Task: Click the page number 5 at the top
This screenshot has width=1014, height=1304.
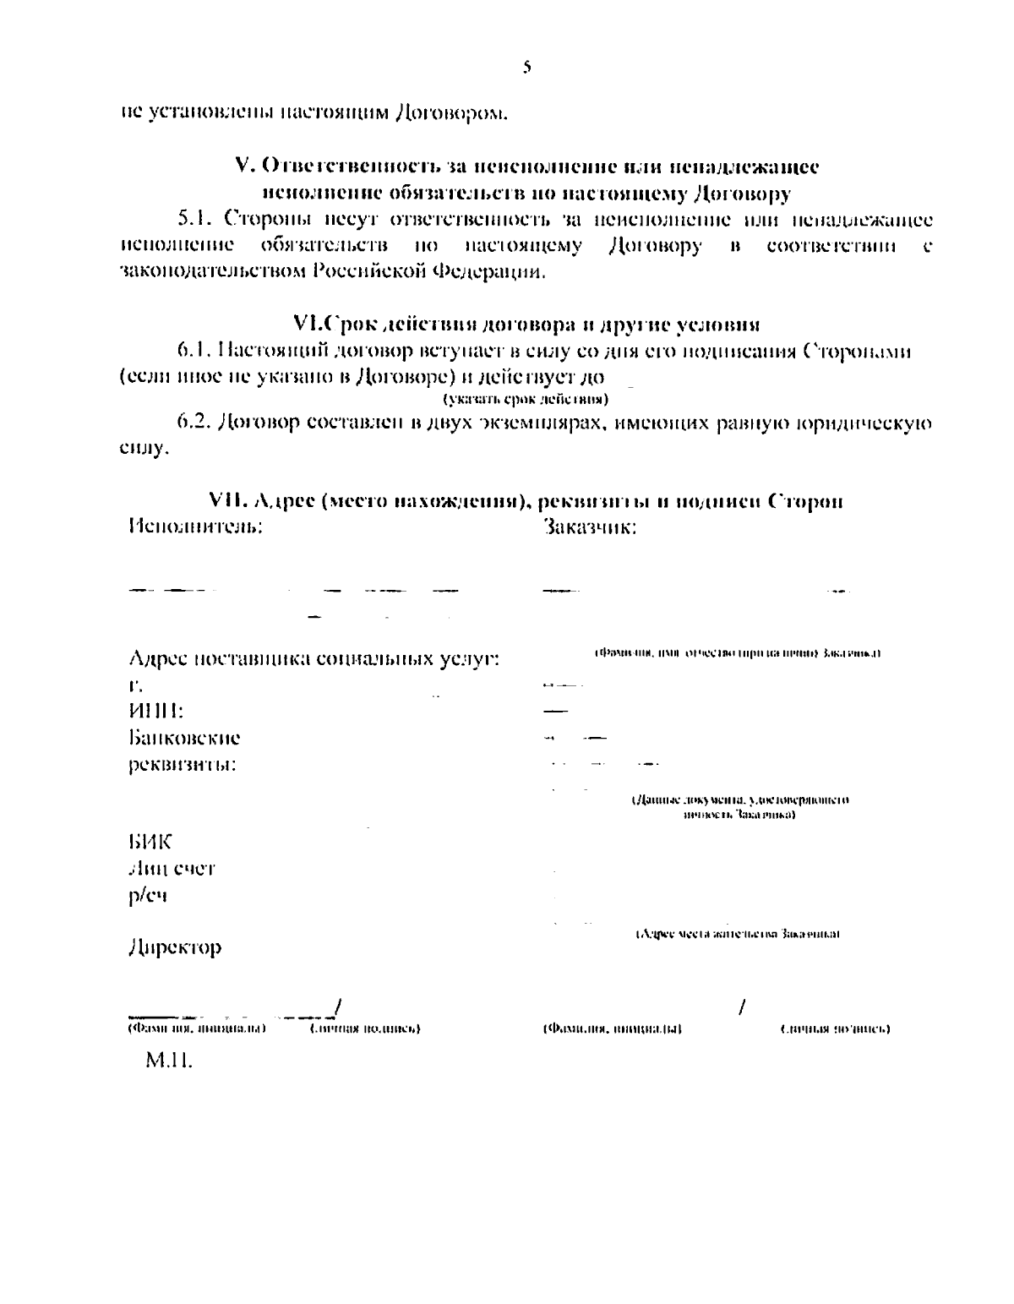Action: [526, 67]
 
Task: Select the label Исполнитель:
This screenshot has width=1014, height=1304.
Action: [195, 527]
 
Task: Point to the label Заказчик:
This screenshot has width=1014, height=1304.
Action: [589, 529]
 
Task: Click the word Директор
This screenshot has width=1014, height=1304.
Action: [175, 947]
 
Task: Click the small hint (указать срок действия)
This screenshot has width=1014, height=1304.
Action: [526, 398]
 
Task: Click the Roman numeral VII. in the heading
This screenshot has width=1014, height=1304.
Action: [226, 501]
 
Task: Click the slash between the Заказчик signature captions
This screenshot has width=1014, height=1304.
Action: [742, 1007]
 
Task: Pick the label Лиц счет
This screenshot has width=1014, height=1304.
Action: [172, 869]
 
